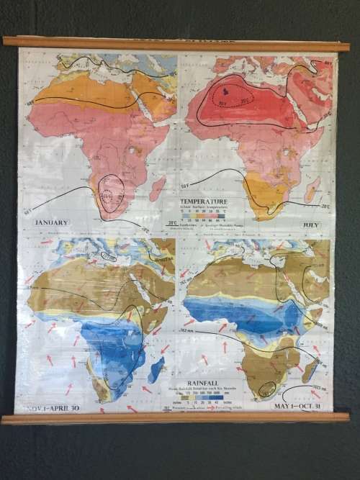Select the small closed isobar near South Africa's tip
point(268,389)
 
